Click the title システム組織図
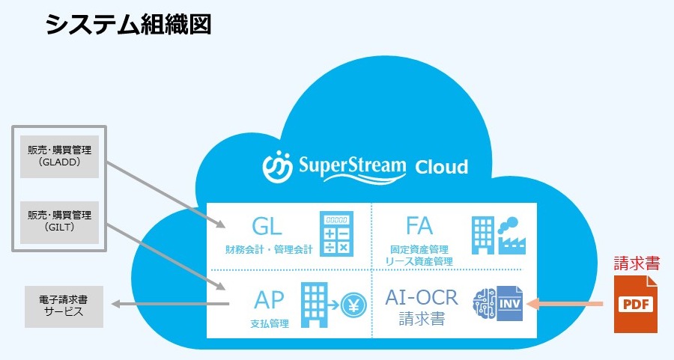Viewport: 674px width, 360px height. (x=128, y=25)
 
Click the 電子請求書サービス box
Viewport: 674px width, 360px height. (x=64, y=307)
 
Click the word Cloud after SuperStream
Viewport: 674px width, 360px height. (x=442, y=166)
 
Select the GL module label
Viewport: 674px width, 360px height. (x=267, y=225)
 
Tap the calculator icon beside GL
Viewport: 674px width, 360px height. (x=336, y=232)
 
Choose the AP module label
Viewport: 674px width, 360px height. (x=270, y=299)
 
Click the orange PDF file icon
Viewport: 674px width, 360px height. (x=635, y=304)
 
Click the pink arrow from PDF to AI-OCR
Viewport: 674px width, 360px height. (x=566, y=304)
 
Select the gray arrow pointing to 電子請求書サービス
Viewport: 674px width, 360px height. (x=169, y=304)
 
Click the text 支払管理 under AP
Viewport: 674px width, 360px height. (x=270, y=324)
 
